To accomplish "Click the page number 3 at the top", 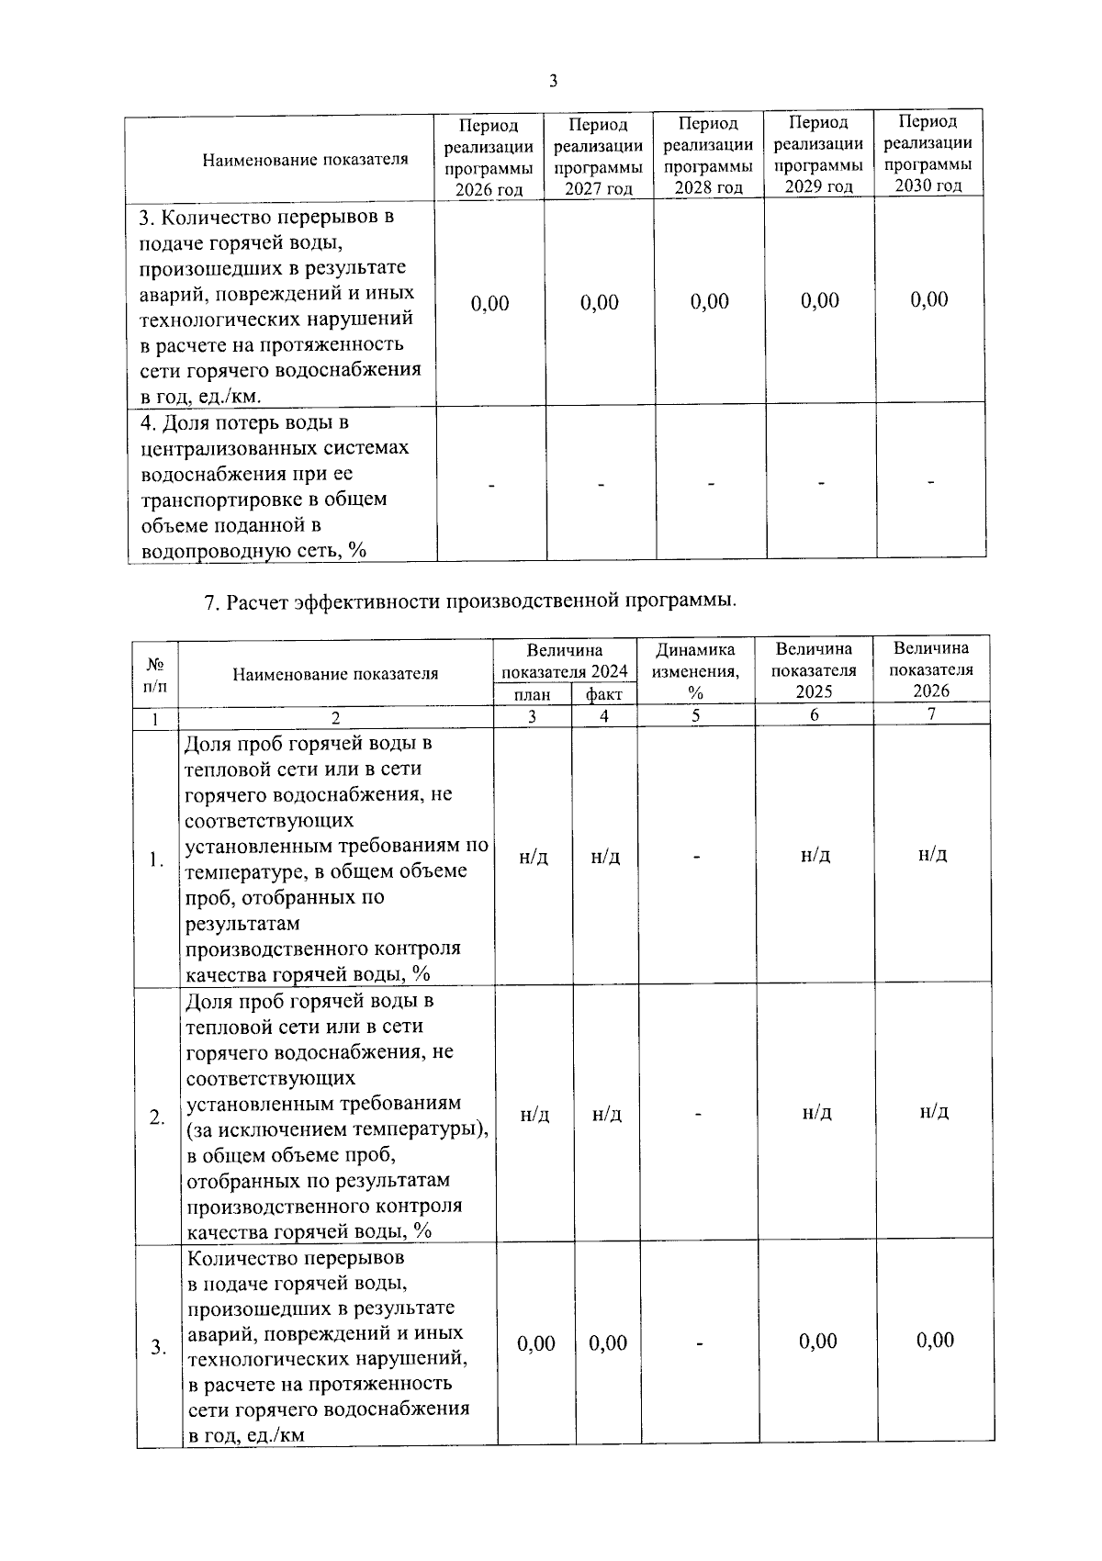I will (553, 81).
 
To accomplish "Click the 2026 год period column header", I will (489, 157).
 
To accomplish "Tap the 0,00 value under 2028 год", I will (710, 302).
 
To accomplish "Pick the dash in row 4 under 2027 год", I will (601, 484).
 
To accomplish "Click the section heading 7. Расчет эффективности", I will (469, 601).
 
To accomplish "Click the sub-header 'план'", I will (534, 695).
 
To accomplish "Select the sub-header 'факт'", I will (603, 695).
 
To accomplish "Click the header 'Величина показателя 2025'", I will (814, 670).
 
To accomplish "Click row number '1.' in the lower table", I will (157, 860).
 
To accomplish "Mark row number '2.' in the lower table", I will (158, 1117).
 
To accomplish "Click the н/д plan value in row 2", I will (534, 1115).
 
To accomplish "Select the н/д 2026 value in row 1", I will (932, 854).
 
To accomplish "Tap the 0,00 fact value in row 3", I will (608, 1343).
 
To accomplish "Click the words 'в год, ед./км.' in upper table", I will (200, 397).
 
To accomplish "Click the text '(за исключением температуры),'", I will (337, 1129).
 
